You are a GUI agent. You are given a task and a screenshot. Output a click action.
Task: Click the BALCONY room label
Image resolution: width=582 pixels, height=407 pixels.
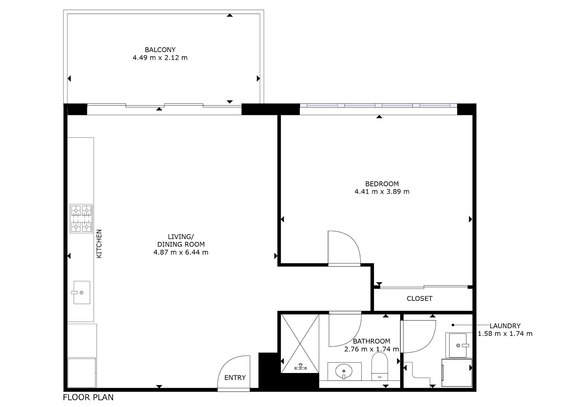pyautogui.click(x=160, y=49)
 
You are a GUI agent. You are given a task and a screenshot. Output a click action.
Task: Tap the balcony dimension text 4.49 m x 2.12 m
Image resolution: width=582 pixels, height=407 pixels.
pyautogui.click(x=160, y=58)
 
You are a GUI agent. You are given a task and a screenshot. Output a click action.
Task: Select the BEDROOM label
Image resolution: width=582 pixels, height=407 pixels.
pyautogui.click(x=382, y=184)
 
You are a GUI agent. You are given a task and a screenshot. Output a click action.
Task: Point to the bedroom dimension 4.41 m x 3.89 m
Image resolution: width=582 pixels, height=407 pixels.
pyautogui.click(x=382, y=192)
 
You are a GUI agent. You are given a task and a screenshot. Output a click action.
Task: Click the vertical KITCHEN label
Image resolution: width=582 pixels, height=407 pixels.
pyautogui.click(x=99, y=244)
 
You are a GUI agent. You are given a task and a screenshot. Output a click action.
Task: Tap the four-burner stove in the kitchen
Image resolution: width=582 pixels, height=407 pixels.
pyautogui.click(x=81, y=219)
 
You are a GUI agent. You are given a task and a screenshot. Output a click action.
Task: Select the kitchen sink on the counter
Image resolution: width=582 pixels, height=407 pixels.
pyautogui.click(x=81, y=293)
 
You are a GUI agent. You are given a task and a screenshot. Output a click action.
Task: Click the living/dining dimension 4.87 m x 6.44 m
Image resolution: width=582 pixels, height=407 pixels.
pyautogui.click(x=181, y=252)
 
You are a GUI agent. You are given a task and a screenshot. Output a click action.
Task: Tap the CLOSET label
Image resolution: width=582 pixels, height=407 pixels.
pyautogui.click(x=420, y=299)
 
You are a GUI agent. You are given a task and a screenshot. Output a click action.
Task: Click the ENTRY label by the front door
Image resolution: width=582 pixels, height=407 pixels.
pyautogui.click(x=235, y=377)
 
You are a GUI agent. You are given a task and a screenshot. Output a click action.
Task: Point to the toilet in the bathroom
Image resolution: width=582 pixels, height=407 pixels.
pyautogui.click(x=380, y=366)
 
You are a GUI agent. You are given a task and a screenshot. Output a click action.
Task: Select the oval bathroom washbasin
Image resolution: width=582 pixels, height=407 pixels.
pyautogui.click(x=344, y=371)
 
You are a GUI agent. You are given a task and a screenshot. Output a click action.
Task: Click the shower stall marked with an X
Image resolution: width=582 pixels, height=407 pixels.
pyautogui.click(x=300, y=343)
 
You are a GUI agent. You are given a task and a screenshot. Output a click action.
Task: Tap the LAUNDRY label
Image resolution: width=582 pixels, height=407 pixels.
pyautogui.click(x=505, y=326)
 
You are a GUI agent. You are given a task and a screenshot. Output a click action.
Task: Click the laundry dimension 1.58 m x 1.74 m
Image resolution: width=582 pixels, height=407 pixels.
pyautogui.click(x=505, y=334)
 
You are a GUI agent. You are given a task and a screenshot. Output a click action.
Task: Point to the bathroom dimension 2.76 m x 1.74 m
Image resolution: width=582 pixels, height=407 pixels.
pyautogui.click(x=372, y=349)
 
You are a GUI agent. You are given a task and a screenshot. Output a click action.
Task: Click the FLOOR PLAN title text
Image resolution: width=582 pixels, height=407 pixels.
pyautogui.click(x=88, y=397)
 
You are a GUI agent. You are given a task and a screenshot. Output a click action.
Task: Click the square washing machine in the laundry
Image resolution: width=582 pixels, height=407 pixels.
pyautogui.click(x=457, y=373)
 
